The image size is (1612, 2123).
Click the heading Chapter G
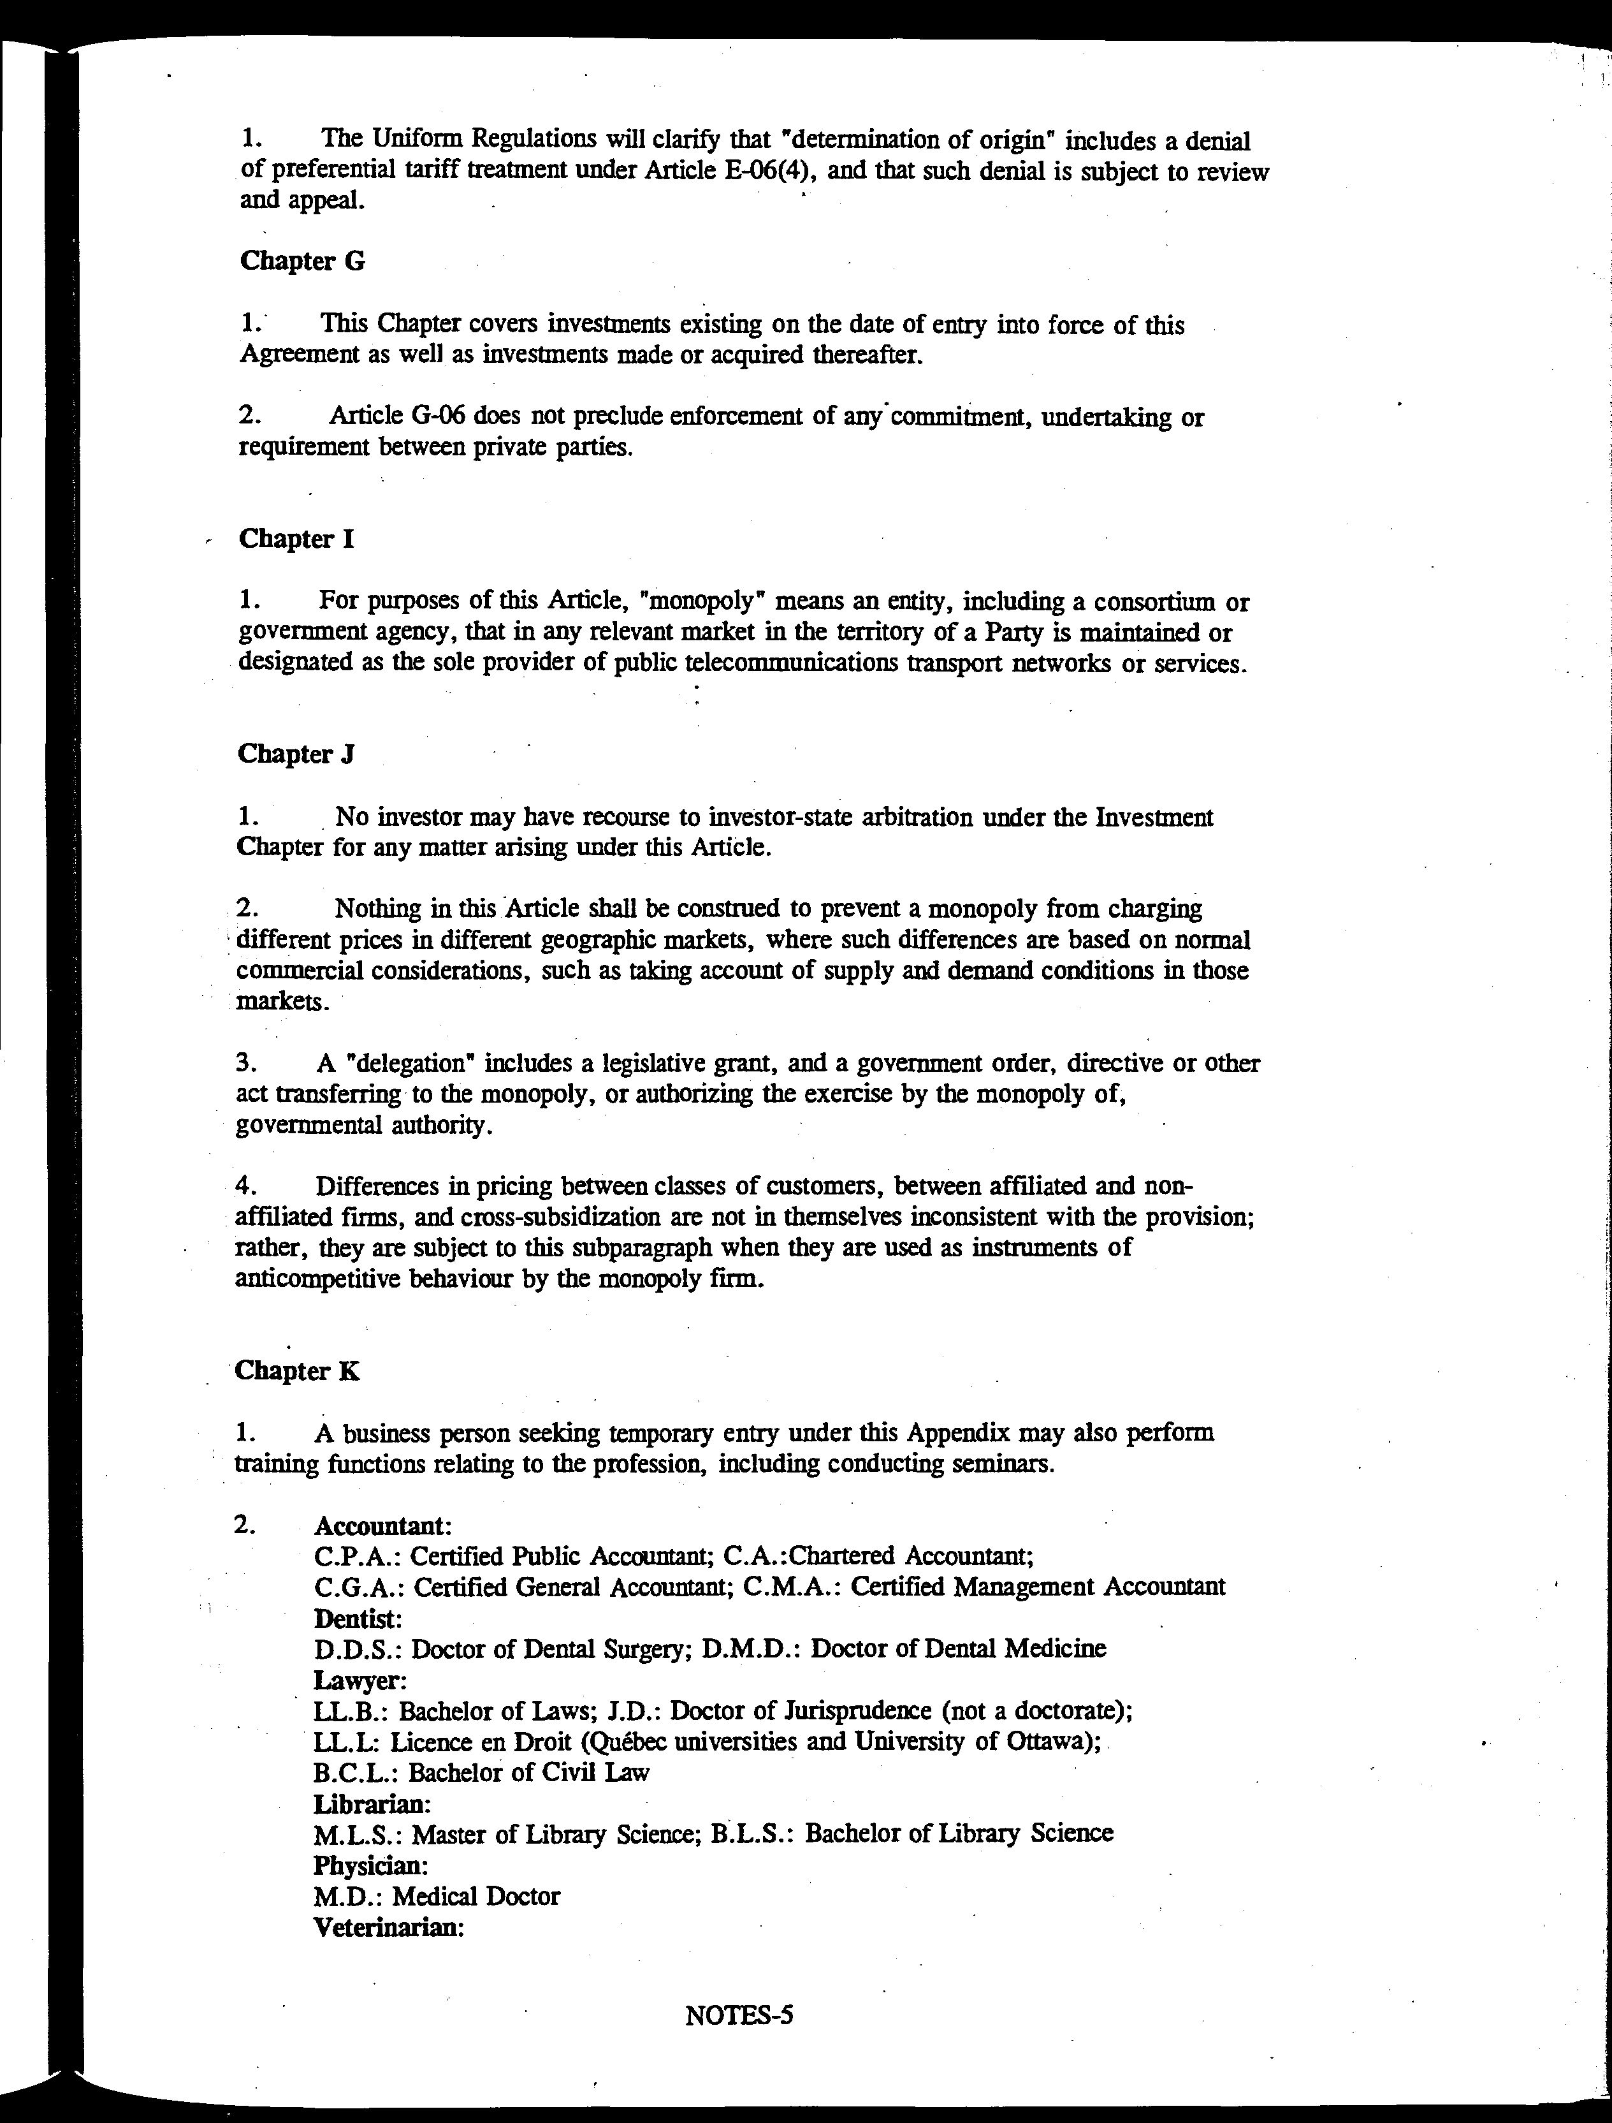click(x=301, y=261)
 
